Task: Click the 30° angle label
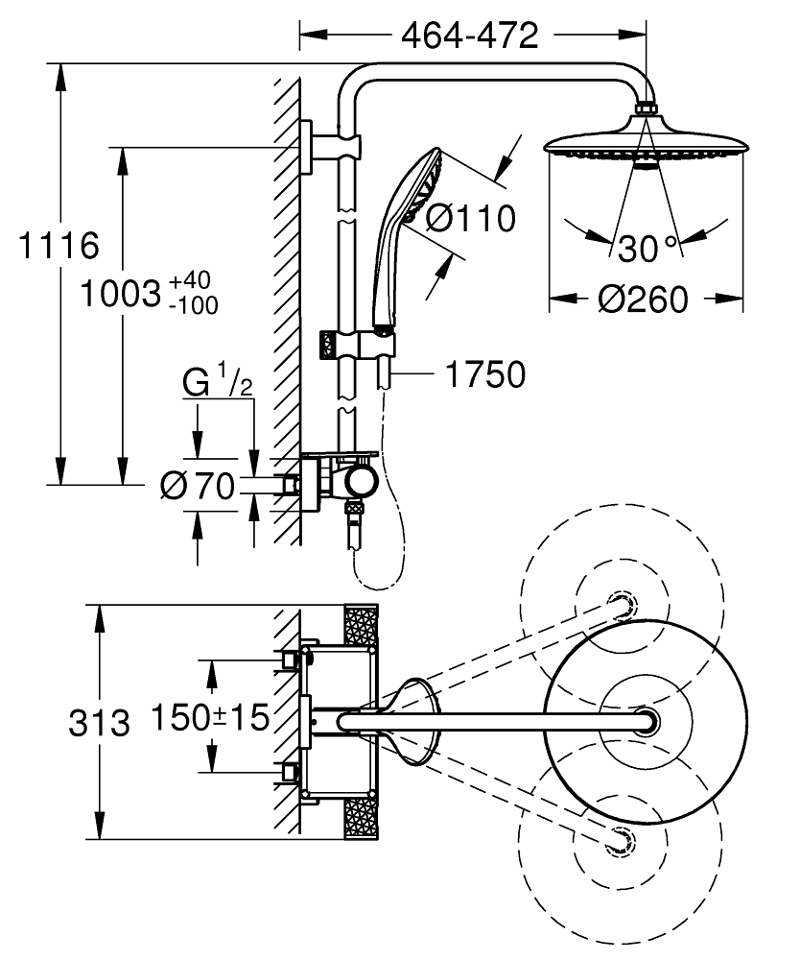tap(647, 249)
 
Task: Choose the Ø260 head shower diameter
tap(644, 300)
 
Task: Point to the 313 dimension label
tap(99, 722)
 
